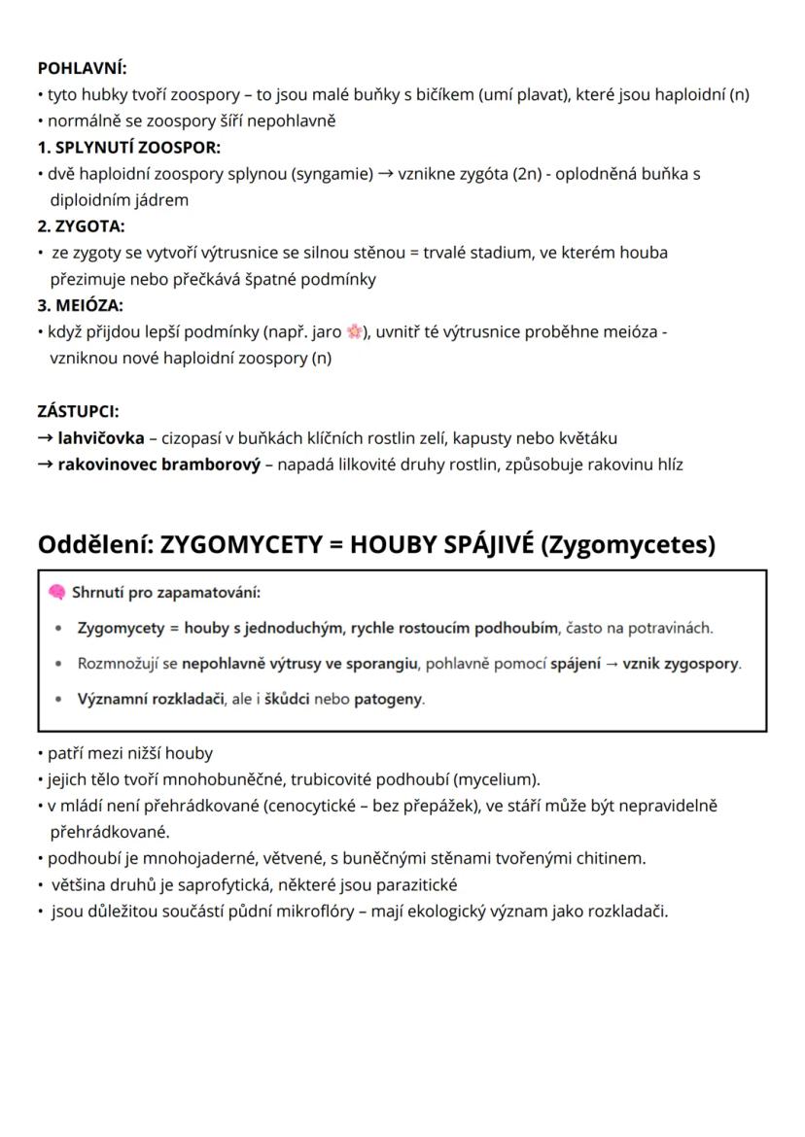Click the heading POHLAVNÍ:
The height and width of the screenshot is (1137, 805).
click(x=82, y=68)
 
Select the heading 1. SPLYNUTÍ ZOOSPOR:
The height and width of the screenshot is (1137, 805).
click(x=128, y=148)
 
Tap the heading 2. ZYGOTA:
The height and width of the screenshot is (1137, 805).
click(x=81, y=226)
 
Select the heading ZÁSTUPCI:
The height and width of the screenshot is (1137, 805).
click(x=78, y=411)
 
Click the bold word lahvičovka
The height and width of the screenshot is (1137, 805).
click(x=101, y=438)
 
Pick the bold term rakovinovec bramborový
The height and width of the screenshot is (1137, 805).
click(x=158, y=465)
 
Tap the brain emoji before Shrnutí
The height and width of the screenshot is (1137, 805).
click(x=56, y=592)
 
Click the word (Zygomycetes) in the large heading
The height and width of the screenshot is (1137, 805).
click(x=626, y=544)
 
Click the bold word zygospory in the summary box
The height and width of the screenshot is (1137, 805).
click(x=700, y=664)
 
